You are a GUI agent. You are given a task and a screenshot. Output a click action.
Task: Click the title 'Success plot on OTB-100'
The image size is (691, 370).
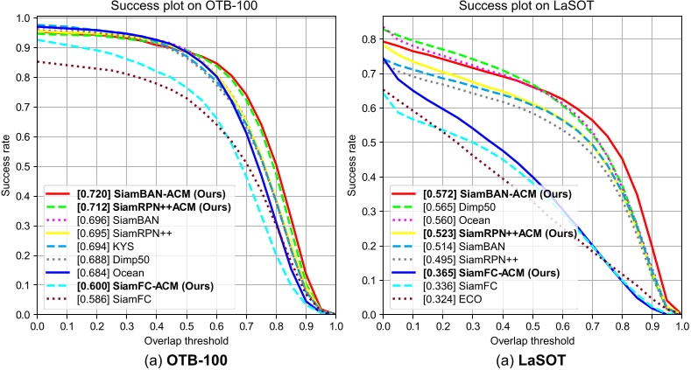187,8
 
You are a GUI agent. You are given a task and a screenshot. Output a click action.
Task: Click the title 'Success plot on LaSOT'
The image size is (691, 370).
532,8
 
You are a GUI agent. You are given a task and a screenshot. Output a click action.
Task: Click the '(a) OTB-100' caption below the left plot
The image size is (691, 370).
186,358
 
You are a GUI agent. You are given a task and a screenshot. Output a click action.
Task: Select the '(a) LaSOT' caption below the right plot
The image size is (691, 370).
532,358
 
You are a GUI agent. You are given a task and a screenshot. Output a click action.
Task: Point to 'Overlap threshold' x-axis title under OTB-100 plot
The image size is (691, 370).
187,338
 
